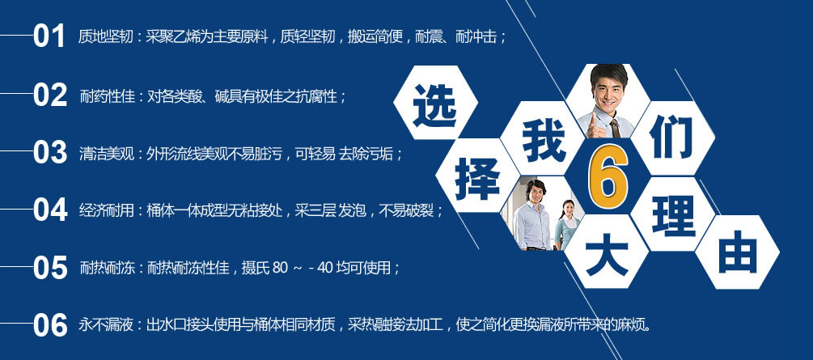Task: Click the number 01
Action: tap(49, 37)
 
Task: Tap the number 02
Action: tap(50, 95)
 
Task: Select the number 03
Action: tap(50, 153)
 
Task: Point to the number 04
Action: tap(50, 210)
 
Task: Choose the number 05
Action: tap(50, 268)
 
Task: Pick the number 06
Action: tap(50, 325)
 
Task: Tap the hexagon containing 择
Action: tap(477, 176)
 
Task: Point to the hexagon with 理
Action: tap(672, 214)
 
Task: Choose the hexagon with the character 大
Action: tap(607, 251)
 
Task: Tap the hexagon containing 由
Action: tap(737, 252)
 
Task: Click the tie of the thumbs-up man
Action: tap(615, 128)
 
